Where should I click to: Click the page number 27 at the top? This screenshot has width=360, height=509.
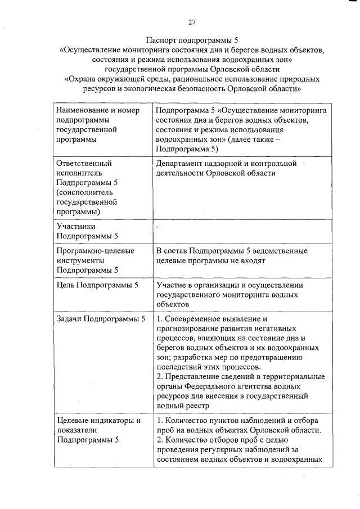(x=191, y=22)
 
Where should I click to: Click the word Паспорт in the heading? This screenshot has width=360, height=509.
(x=164, y=40)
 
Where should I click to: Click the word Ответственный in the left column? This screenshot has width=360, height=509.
(x=84, y=163)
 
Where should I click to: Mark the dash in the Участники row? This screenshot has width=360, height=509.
(x=157, y=226)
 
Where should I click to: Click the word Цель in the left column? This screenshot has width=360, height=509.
(x=66, y=285)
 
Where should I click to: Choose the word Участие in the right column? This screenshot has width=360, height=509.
(x=173, y=285)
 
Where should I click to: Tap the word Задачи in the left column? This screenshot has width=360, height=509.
(x=70, y=319)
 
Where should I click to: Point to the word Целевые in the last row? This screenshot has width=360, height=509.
(x=73, y=421)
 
